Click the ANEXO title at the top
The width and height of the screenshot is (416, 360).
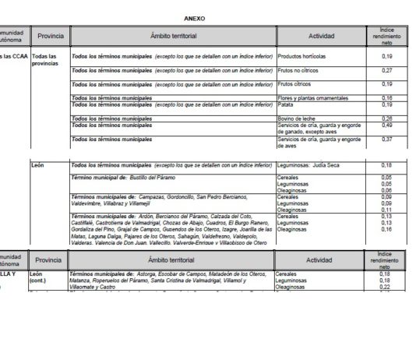(x=195, y=17)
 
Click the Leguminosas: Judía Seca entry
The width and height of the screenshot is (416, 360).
(x=311, y=166)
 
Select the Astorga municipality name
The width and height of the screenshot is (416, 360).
(x=150, y=274)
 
